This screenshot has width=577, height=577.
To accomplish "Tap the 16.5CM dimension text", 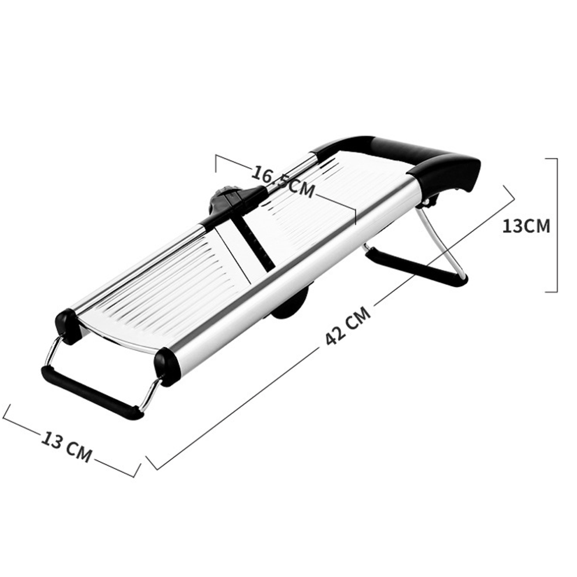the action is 283,182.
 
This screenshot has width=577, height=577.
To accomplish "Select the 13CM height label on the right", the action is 526,226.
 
